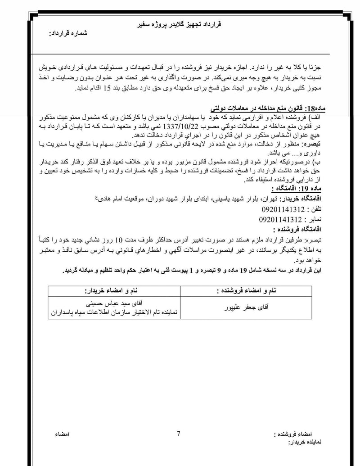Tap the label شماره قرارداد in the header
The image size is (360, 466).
click(x=67, y=33)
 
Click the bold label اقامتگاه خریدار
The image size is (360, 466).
click(x=302, y=199)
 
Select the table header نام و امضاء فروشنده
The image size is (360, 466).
click(x=245, y=291)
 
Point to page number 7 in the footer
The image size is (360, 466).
click(x=179, y=434)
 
